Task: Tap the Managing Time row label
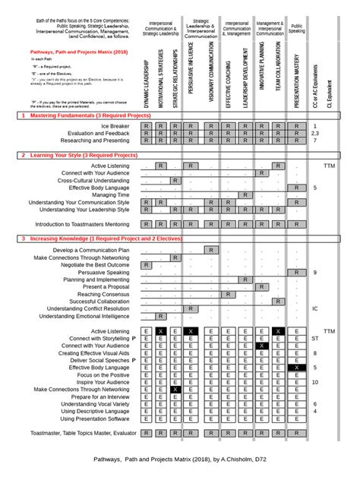point(110,195)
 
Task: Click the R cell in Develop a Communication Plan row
point(210,250)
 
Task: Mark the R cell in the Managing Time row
point(245,195)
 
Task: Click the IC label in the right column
point(315,309)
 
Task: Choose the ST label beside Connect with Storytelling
point(315,339)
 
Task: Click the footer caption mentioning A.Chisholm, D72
point(179,460)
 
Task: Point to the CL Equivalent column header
point(329,88)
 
